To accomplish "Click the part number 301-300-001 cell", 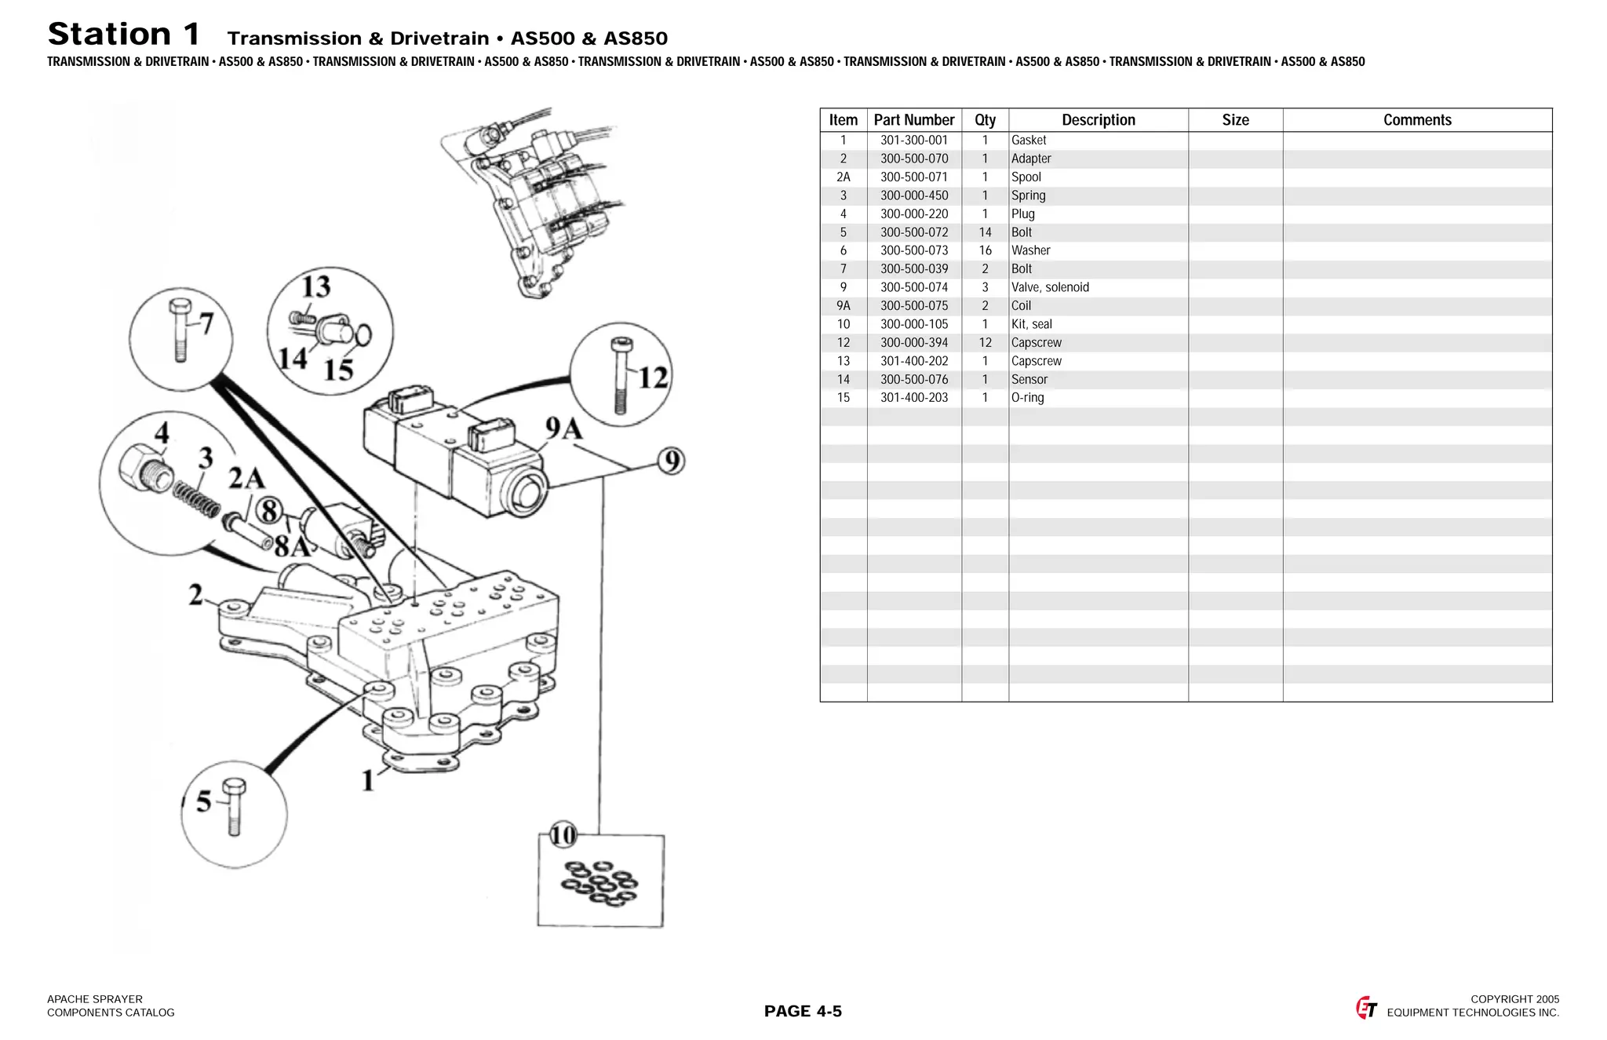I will [x=913, y=140].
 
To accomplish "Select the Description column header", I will [x=1098, y=120].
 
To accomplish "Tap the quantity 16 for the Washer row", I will [x=985, y=250].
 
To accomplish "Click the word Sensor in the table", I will [x=1029, y=379].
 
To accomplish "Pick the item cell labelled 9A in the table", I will [x=843, y=306].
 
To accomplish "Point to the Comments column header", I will [x=1416, y=120].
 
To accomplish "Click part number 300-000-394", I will [x=913, y=343].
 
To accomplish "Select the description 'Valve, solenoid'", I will [x=1050, y=287].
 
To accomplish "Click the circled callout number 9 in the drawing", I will [x=671, y=461].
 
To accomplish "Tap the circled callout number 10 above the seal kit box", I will [x=563, y=834].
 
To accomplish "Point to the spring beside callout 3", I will [x=196, y=498].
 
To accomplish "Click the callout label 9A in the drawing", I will [x=563, y=429].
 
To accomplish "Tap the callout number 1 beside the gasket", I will [x=367, y=780].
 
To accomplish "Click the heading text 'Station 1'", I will [x=124, y=35].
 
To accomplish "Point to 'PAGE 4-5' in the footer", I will [x=803, y=1011].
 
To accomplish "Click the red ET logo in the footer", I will [x=1366, y=1007].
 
